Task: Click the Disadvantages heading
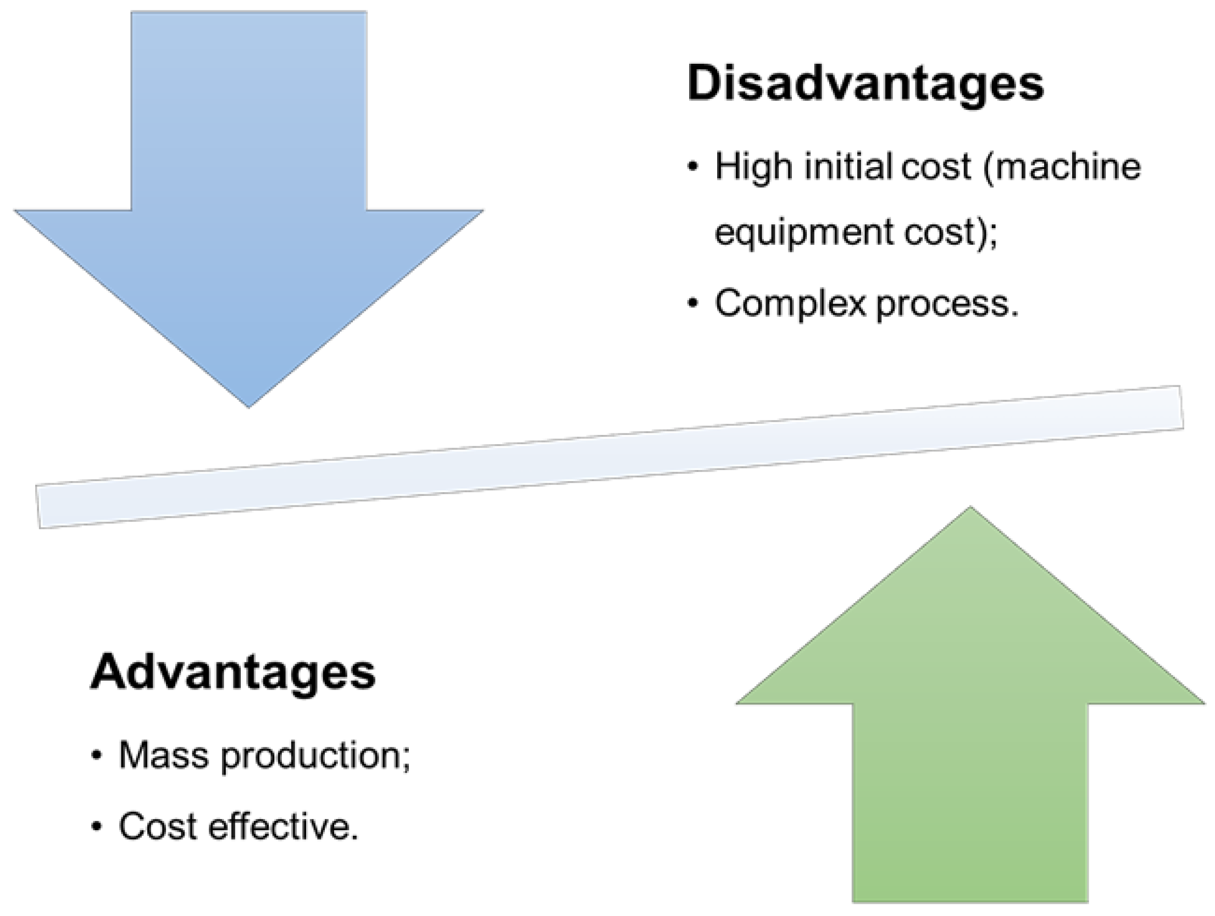pyautogui.click(x=865, y=84)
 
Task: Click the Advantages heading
pyautogui.click(x=233, y=672)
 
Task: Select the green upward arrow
pyautogui.click(x=970, y=715)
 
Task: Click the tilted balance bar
pyautogui.click(x=610, y=456)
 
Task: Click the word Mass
pyautogui.click(x=164, y=755)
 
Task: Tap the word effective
pyautogui.click(x=282, y=826)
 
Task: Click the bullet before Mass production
pyautogui.click(x=97, y=755)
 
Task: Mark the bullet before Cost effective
pyautogui.click(x=97, y=826)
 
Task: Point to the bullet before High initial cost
pyautogui.click(x=694, y=167)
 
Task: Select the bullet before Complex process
pyautogui.click(x=694, y=304)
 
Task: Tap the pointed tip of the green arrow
pyautogui.click(x=970, y=509)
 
